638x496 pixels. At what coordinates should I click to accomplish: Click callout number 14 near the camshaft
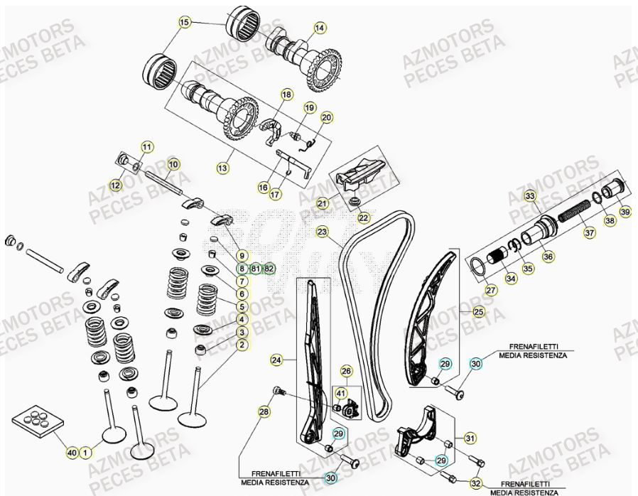[319, 28]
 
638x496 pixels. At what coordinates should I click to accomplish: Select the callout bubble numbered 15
[184, 23]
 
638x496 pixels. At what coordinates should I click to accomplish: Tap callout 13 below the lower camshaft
[222, 168]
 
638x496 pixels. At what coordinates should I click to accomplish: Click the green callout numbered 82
[268, 269]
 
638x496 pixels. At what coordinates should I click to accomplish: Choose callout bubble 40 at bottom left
[71, 452]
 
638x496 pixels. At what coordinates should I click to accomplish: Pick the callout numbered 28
[264, 412]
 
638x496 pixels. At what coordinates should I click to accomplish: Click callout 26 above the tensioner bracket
[346, 371]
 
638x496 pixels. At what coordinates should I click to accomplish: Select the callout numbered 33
[529, 195]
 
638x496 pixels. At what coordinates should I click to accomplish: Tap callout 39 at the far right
[624, 212]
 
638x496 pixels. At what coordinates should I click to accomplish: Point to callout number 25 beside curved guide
[477, 311]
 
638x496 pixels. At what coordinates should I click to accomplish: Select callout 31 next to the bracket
[470, 437]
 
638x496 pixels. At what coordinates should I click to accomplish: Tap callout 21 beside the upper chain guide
[323, 204]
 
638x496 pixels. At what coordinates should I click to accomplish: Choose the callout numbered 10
[172, 164]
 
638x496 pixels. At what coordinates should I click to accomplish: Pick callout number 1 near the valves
[85, 452]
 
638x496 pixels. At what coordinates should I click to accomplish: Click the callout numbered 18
[286, 95]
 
